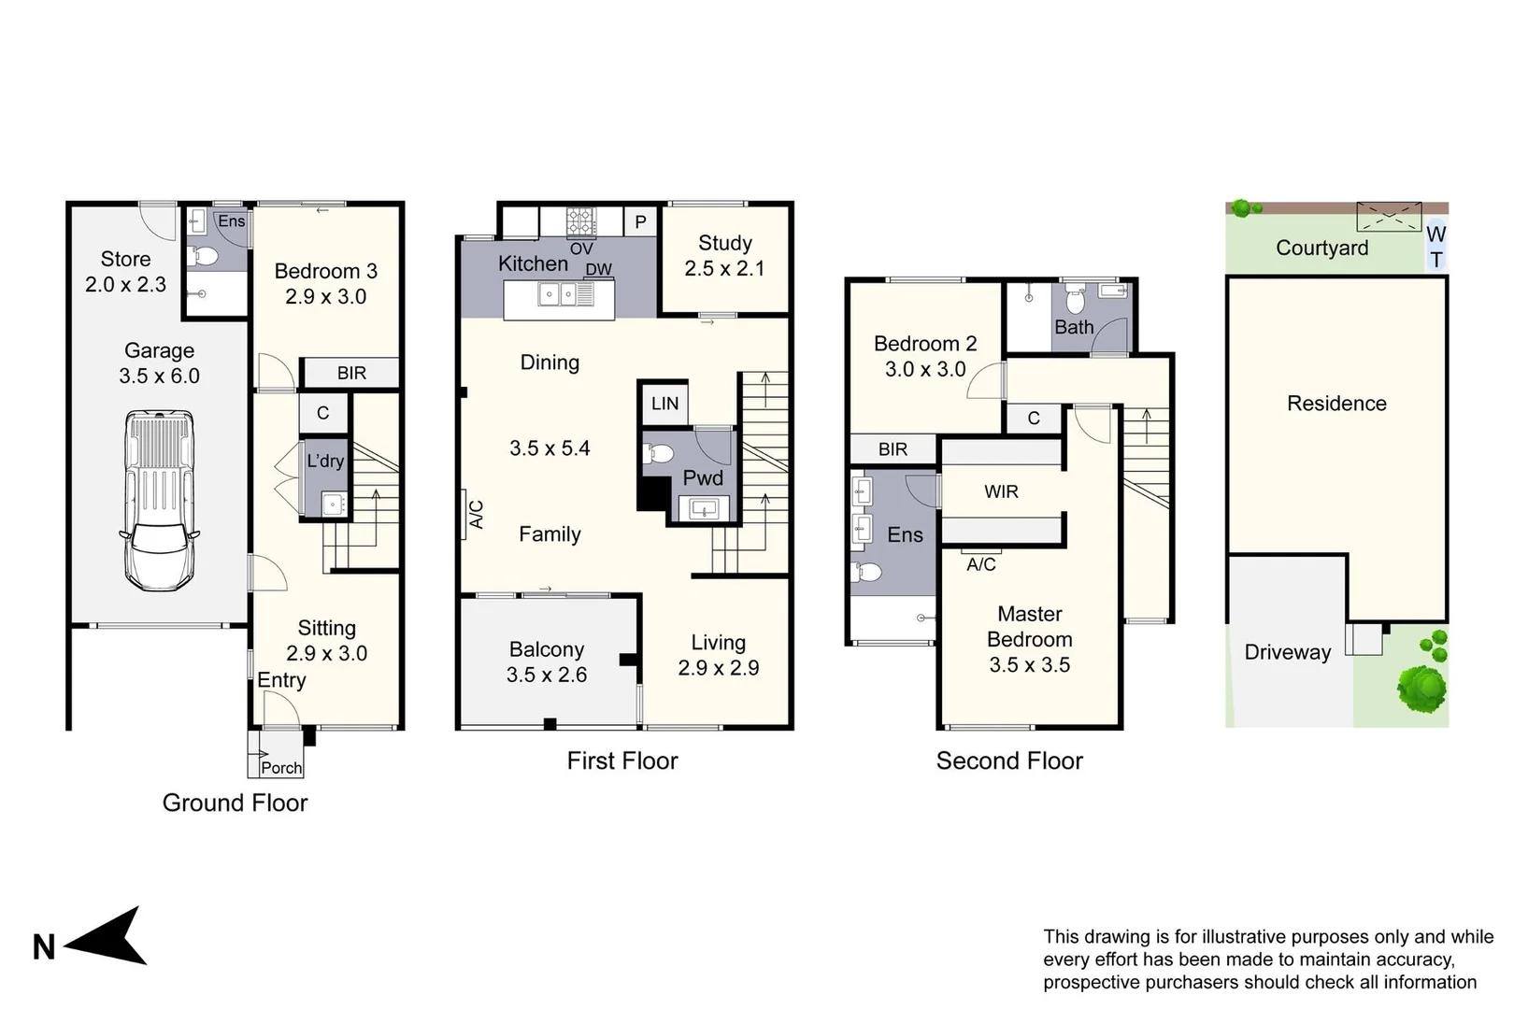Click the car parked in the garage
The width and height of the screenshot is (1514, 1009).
[x=159, y=500]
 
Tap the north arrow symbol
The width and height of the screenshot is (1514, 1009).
[x=106, y=937]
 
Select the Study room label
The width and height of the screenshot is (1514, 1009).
[x=725, y=243]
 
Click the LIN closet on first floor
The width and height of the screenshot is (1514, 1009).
[x=664, y=404]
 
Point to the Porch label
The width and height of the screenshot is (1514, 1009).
[x=281, y=768]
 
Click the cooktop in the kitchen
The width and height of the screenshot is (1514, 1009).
[x=580, y=221]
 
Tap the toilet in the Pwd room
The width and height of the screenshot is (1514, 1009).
[x=659, y=454]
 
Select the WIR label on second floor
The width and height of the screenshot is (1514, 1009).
[x=1001, y=491]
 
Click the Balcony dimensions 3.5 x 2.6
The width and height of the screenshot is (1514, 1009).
[x=547, y=675]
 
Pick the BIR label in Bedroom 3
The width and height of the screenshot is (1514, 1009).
[x=351, y=373]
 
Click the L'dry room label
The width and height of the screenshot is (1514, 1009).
[x=325, y=461]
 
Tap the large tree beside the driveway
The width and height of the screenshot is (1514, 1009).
[x=1421, y=688]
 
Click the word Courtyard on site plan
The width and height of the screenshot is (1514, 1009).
[x=1321, y=248]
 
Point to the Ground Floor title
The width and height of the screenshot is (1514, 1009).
[x=235, y=803]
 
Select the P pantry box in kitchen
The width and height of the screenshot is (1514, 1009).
[x=640, y=222]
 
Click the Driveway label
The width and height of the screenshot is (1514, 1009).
[x=1287, y=652]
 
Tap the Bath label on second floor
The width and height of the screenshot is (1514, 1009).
[x=1074, y=327]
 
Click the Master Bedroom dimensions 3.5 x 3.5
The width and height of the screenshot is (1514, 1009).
[x=1029, y=665]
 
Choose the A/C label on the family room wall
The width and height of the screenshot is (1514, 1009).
[x=476, y=515]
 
